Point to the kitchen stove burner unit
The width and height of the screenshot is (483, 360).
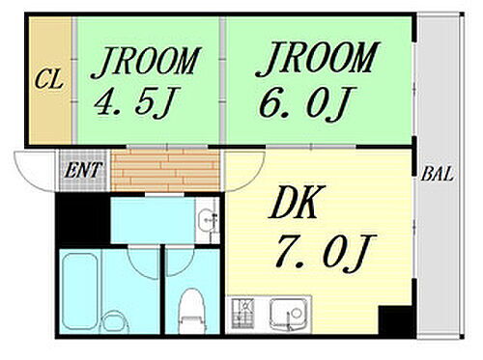tap(245, 314)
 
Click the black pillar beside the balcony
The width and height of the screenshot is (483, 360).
tap(393, 319)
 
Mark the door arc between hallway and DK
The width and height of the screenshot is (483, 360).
tap(241, 171)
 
